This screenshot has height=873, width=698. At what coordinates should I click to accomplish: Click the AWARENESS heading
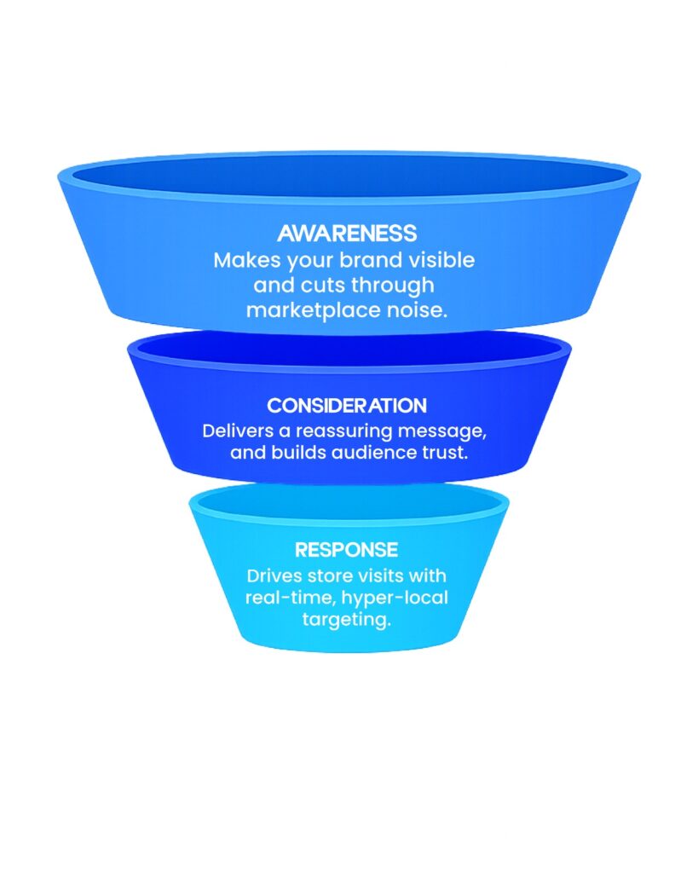pyautogui.click(x=347, y=234)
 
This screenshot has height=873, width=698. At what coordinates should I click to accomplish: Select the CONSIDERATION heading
pyautogui.click(x=347, y=405)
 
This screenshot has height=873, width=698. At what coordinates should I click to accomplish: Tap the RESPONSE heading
pyautogui.click(x=347, y=550)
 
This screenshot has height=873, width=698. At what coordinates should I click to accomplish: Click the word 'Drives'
pyautogui.click(x=270, y=575)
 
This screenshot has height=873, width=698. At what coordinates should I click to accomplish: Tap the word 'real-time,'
pyautogui.click(x=282, y=598)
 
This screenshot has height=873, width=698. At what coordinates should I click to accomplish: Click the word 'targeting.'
pyautogui.click(x=347, y=620)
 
